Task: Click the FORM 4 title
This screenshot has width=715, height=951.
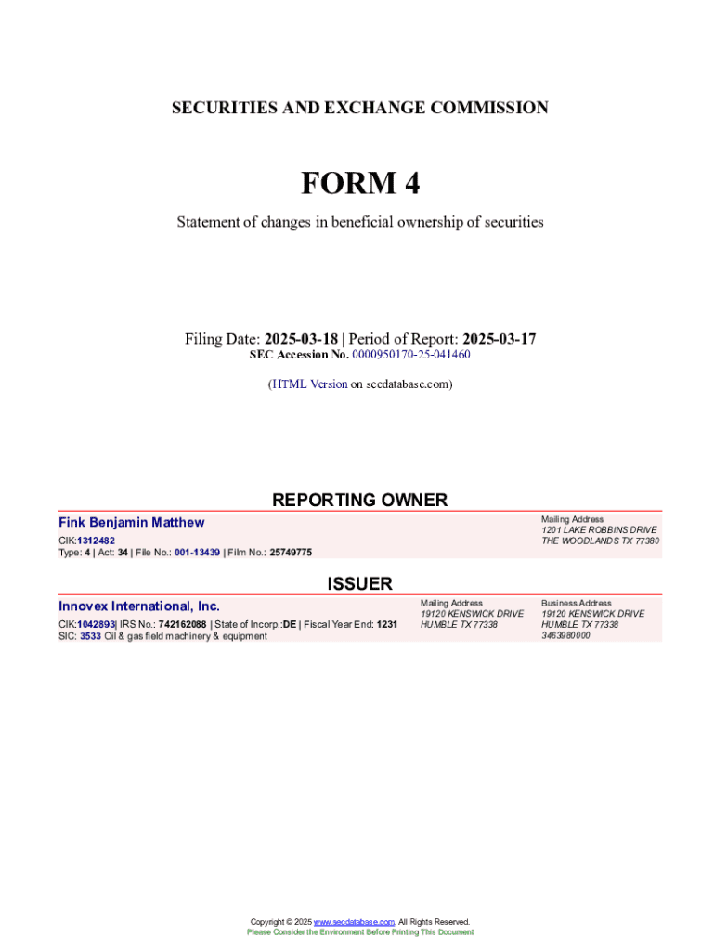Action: [359, 184]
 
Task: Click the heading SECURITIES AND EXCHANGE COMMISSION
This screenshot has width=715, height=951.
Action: [359, 108]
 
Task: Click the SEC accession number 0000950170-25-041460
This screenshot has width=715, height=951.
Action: [410, 355]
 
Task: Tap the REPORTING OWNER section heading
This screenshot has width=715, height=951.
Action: [359, 500]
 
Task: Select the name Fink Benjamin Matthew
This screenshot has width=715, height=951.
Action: [132, 523]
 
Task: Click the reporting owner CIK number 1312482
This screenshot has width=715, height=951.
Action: [96, 540]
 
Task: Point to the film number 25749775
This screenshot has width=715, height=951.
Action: [291, 552]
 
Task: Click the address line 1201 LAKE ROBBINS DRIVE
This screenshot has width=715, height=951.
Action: [599, 530]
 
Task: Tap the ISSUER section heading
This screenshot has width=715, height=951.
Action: [359, 583]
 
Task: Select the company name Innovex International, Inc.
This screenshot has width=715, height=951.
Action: [139, 606]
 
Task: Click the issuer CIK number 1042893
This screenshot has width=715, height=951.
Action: [96, 624]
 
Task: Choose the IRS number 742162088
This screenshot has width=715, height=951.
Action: [182, 624]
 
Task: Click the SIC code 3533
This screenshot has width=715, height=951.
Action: [90, 636]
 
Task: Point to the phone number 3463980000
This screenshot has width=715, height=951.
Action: [565, 635]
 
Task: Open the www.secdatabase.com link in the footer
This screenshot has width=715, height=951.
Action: [354, 922]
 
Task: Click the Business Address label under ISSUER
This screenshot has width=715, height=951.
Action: [577, 603]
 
